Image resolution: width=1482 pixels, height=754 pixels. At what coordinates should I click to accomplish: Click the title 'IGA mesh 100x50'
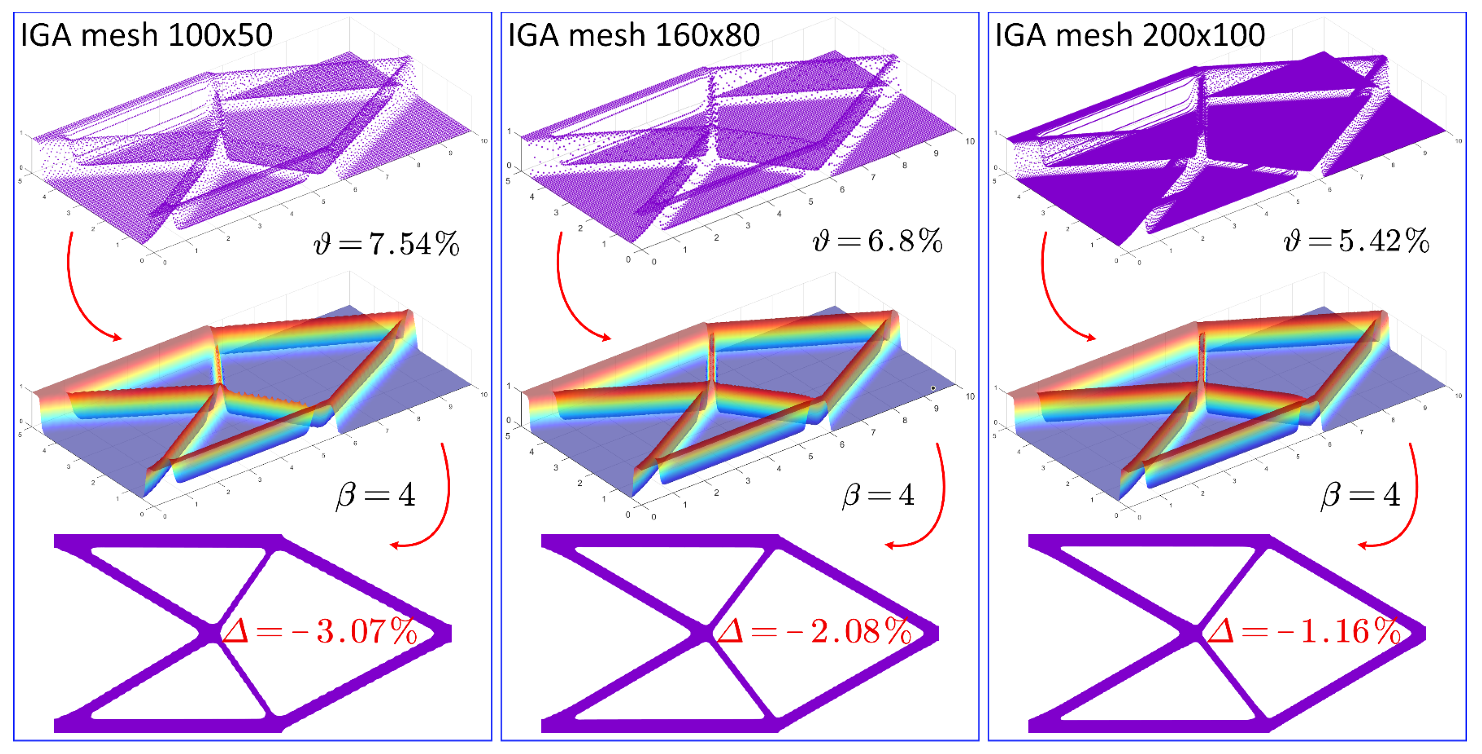(x=146, y=36)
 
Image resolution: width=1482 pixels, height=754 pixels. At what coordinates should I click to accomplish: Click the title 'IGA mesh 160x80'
(x=634, y=36)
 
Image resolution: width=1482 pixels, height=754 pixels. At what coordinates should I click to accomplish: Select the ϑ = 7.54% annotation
(x=387, y=244)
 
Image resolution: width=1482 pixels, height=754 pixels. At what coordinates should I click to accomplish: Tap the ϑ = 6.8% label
(x=877, y=241)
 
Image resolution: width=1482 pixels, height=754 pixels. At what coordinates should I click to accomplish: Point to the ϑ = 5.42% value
(x=1356, y=241)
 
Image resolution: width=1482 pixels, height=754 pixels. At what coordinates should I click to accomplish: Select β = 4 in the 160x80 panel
(x=878, y=494)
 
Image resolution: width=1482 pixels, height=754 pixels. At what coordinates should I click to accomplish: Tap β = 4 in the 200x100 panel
(x=1361, y=494)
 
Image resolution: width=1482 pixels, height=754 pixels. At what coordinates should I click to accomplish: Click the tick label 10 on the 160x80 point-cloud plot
(x=970, y=141)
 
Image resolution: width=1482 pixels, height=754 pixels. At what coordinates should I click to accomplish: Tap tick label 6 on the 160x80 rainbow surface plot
(x=842, y=445)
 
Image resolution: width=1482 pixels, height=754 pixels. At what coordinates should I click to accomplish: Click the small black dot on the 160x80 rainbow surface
(x=933, y=388)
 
